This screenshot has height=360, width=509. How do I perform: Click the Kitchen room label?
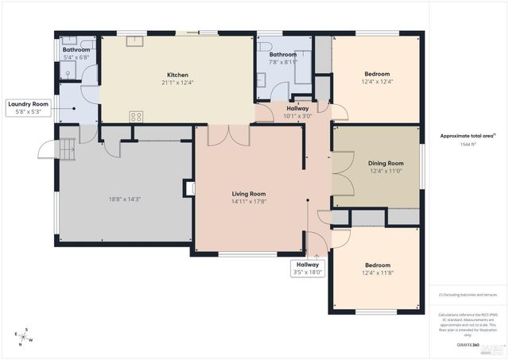click(177, 75)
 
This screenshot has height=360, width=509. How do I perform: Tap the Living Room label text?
click(248, 194)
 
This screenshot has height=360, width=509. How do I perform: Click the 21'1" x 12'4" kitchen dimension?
click(177, 83)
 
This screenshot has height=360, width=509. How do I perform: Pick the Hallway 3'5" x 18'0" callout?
click(308, 269)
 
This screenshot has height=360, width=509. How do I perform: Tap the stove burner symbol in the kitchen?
click(136, 116)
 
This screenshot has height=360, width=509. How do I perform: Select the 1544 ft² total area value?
click(468, 145)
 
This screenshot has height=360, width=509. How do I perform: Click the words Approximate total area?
click(468, 136)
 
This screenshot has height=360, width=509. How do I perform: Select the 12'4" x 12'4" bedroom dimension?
click(377, 82)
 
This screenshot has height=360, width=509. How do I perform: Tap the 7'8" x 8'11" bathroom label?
click(282, 62)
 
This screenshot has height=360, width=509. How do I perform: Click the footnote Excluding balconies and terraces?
click(468, 295)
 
